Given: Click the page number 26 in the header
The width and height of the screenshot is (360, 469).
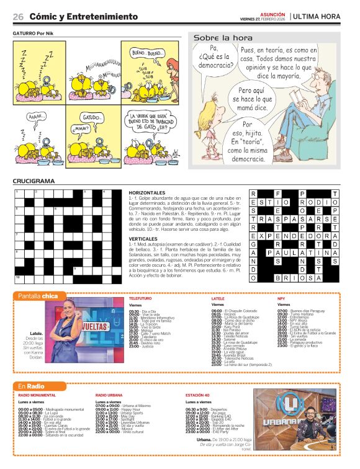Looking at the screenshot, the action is click(x=19, y=16).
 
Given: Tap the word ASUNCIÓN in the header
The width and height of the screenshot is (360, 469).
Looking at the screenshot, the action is click(x=272, y=13).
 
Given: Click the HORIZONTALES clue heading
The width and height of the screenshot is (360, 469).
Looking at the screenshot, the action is click(x=148, y=193).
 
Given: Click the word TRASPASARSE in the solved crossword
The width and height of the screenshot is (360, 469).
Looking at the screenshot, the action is click(x=294, y=219).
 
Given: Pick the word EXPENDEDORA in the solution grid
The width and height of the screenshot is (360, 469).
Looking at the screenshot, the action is click(x=294, y=236).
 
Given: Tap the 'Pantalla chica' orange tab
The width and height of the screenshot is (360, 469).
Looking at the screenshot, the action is click(x=38, y=295).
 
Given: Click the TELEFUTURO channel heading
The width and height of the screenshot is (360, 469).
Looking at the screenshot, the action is click(x=140, y=298).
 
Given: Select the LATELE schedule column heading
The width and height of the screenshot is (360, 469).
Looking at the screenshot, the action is click(x=218, y=298).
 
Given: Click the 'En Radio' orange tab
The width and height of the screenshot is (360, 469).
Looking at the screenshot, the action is click(x=30, y=386).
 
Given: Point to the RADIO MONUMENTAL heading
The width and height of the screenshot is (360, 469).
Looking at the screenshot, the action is click(x=40, y=395).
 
